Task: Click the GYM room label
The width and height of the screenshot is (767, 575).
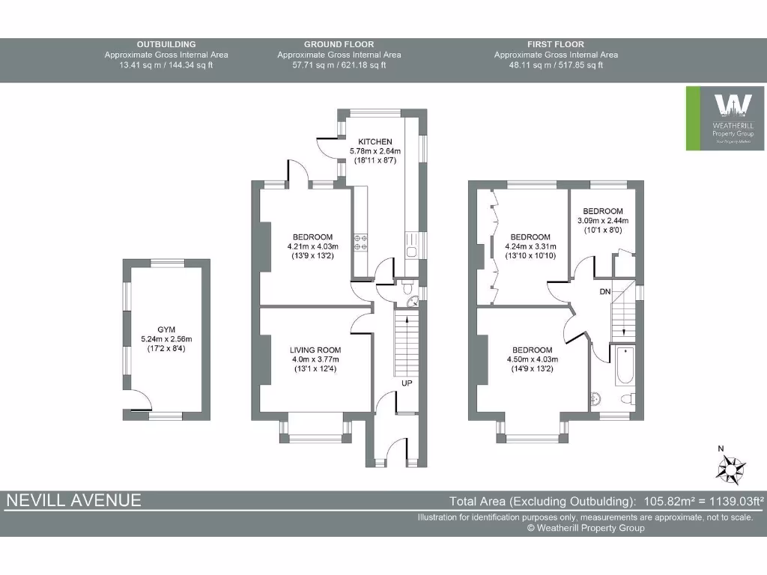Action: pos(165,329)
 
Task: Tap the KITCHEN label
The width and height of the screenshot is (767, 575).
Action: pos(375,142)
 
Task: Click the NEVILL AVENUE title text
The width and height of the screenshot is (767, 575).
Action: pos(73,501)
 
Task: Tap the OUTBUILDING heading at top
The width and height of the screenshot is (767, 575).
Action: pos(166,44)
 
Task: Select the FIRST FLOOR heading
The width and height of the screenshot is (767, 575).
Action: pos(556,44)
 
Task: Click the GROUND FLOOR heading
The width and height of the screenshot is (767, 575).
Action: pos(339,44)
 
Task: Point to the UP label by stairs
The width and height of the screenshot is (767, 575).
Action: pos(407,383)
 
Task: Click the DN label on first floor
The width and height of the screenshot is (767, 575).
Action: pos(606,291)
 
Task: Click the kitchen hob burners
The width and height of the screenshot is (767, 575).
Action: pos(360,241)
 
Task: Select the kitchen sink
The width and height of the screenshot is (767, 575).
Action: pos(412,245)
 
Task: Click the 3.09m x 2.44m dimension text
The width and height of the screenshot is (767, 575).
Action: pos(603,220)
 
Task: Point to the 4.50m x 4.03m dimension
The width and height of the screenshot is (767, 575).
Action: pos(532,359)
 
